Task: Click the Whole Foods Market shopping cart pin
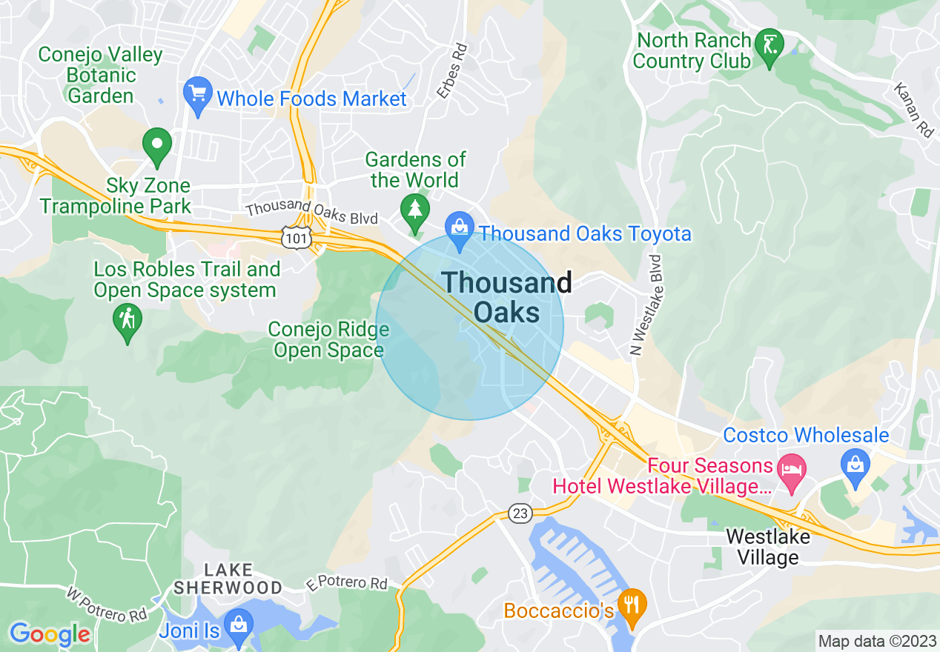point(197,96)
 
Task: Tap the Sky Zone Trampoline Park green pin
point(157,146)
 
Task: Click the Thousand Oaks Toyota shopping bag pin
point(460,230)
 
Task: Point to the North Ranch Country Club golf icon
point(769,48)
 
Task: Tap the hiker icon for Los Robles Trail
point(128,322)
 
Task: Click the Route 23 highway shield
point(520,513)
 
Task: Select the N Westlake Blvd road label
point(645,305)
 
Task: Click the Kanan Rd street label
point(913,110)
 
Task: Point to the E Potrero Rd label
point(347,584)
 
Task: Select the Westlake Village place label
point(767,546)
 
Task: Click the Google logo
point(49,634)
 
